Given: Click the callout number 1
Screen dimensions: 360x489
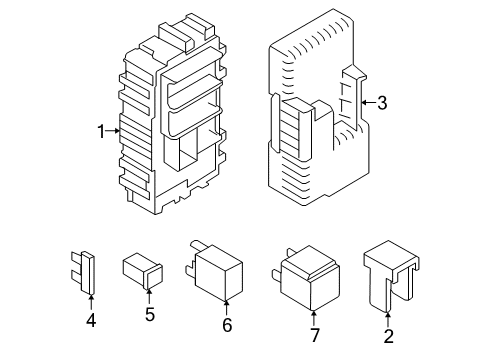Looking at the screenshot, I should click(x=101, y=131).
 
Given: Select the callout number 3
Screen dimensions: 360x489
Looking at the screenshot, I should click(x=381, y=101).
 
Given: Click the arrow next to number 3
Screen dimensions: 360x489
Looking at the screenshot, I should click(x=367, y=101).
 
